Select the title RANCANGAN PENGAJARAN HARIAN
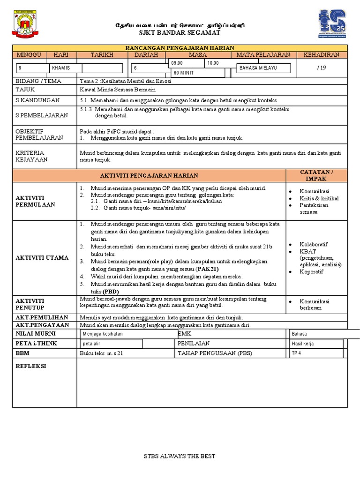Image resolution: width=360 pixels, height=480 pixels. [180, 48]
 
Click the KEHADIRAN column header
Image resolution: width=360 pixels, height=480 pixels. [322, 55]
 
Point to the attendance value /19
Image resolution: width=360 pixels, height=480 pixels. [321, 67]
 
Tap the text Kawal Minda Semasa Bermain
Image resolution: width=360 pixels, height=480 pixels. [118, 90]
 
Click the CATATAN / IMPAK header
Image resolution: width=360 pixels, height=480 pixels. [316, 175]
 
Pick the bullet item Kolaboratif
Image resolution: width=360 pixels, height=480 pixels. [314, 245]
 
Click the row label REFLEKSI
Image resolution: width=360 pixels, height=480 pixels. [31, 366]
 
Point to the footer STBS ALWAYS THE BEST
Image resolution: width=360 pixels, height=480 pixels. [180, 456]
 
